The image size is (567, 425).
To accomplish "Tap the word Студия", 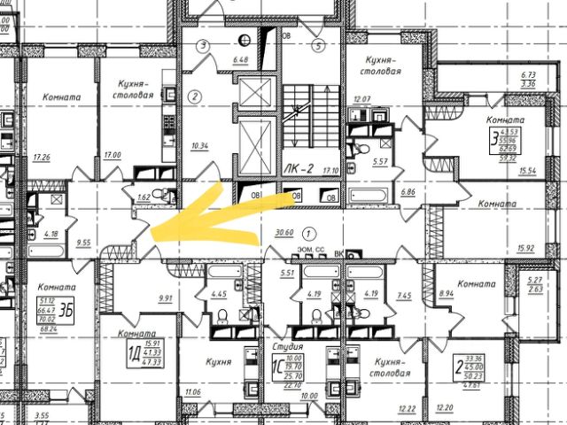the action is point(289,347).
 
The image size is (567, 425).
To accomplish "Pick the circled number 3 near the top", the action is point(203,44).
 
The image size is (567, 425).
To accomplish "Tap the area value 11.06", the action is point(192,391).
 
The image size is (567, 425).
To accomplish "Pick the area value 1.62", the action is point(144,197).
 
